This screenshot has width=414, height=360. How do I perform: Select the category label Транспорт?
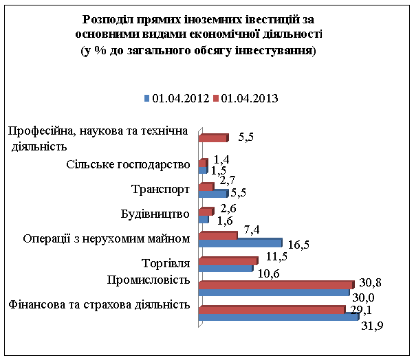(160, 189)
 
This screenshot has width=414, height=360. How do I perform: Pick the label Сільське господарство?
(129, 165)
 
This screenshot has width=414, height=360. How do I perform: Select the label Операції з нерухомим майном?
(106, 238)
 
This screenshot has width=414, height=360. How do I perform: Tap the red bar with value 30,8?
(275, 284)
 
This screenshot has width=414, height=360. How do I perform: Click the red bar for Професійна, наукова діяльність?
(213, 138)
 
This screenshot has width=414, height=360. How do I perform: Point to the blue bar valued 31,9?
(278, 317)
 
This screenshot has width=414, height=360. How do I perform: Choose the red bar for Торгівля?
(227, 260)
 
